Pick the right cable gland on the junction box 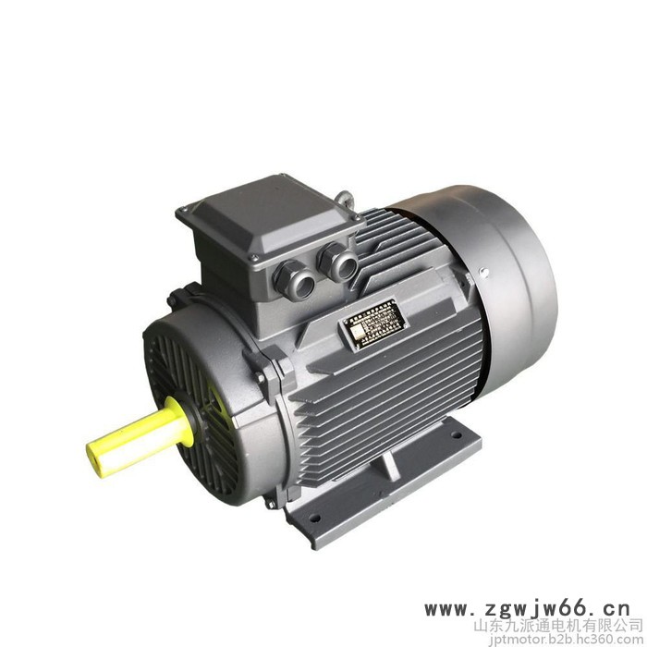tap(338, 262)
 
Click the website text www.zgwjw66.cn tap(527, 609)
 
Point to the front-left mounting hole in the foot tap(315, 518)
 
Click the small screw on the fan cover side tap(482, 271)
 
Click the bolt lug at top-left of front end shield tap(176, 298)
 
